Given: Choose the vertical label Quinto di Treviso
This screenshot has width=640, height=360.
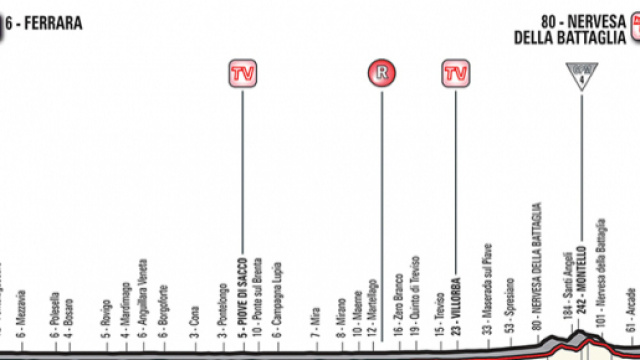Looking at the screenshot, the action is [414, 294].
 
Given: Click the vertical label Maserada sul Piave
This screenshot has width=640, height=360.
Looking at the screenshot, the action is [488, 290].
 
